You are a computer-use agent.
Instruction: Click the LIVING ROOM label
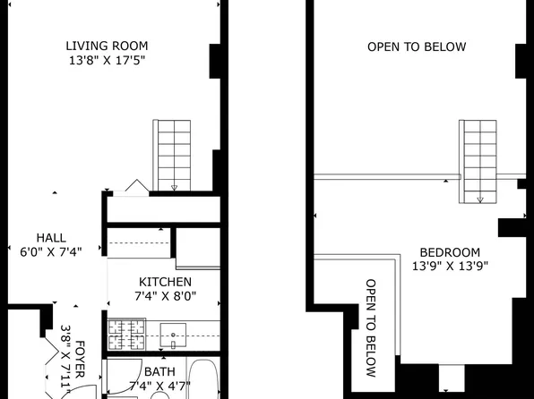tap(107, 47)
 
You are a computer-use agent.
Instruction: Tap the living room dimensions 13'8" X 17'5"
tap(107, 61)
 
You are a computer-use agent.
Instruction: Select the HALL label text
tap(50, 237)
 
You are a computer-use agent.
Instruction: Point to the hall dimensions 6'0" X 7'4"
tap(50, 251)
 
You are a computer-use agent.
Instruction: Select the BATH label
tap(159, 372)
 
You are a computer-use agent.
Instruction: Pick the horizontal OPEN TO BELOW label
tap(417, 47)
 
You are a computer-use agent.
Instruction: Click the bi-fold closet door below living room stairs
tap(136, 186)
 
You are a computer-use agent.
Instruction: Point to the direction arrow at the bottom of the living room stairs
tap(174, 186)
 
